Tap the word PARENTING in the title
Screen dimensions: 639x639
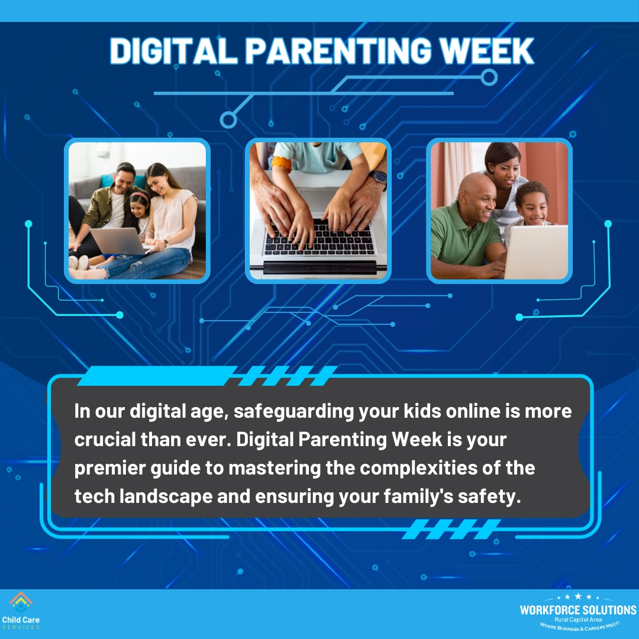coord(340,51)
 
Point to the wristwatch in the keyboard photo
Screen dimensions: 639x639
coord(379,177)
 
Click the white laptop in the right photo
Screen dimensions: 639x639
coord(535,251)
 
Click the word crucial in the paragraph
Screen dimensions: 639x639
coord(104,440)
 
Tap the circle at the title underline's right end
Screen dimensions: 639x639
coord(489,78)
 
